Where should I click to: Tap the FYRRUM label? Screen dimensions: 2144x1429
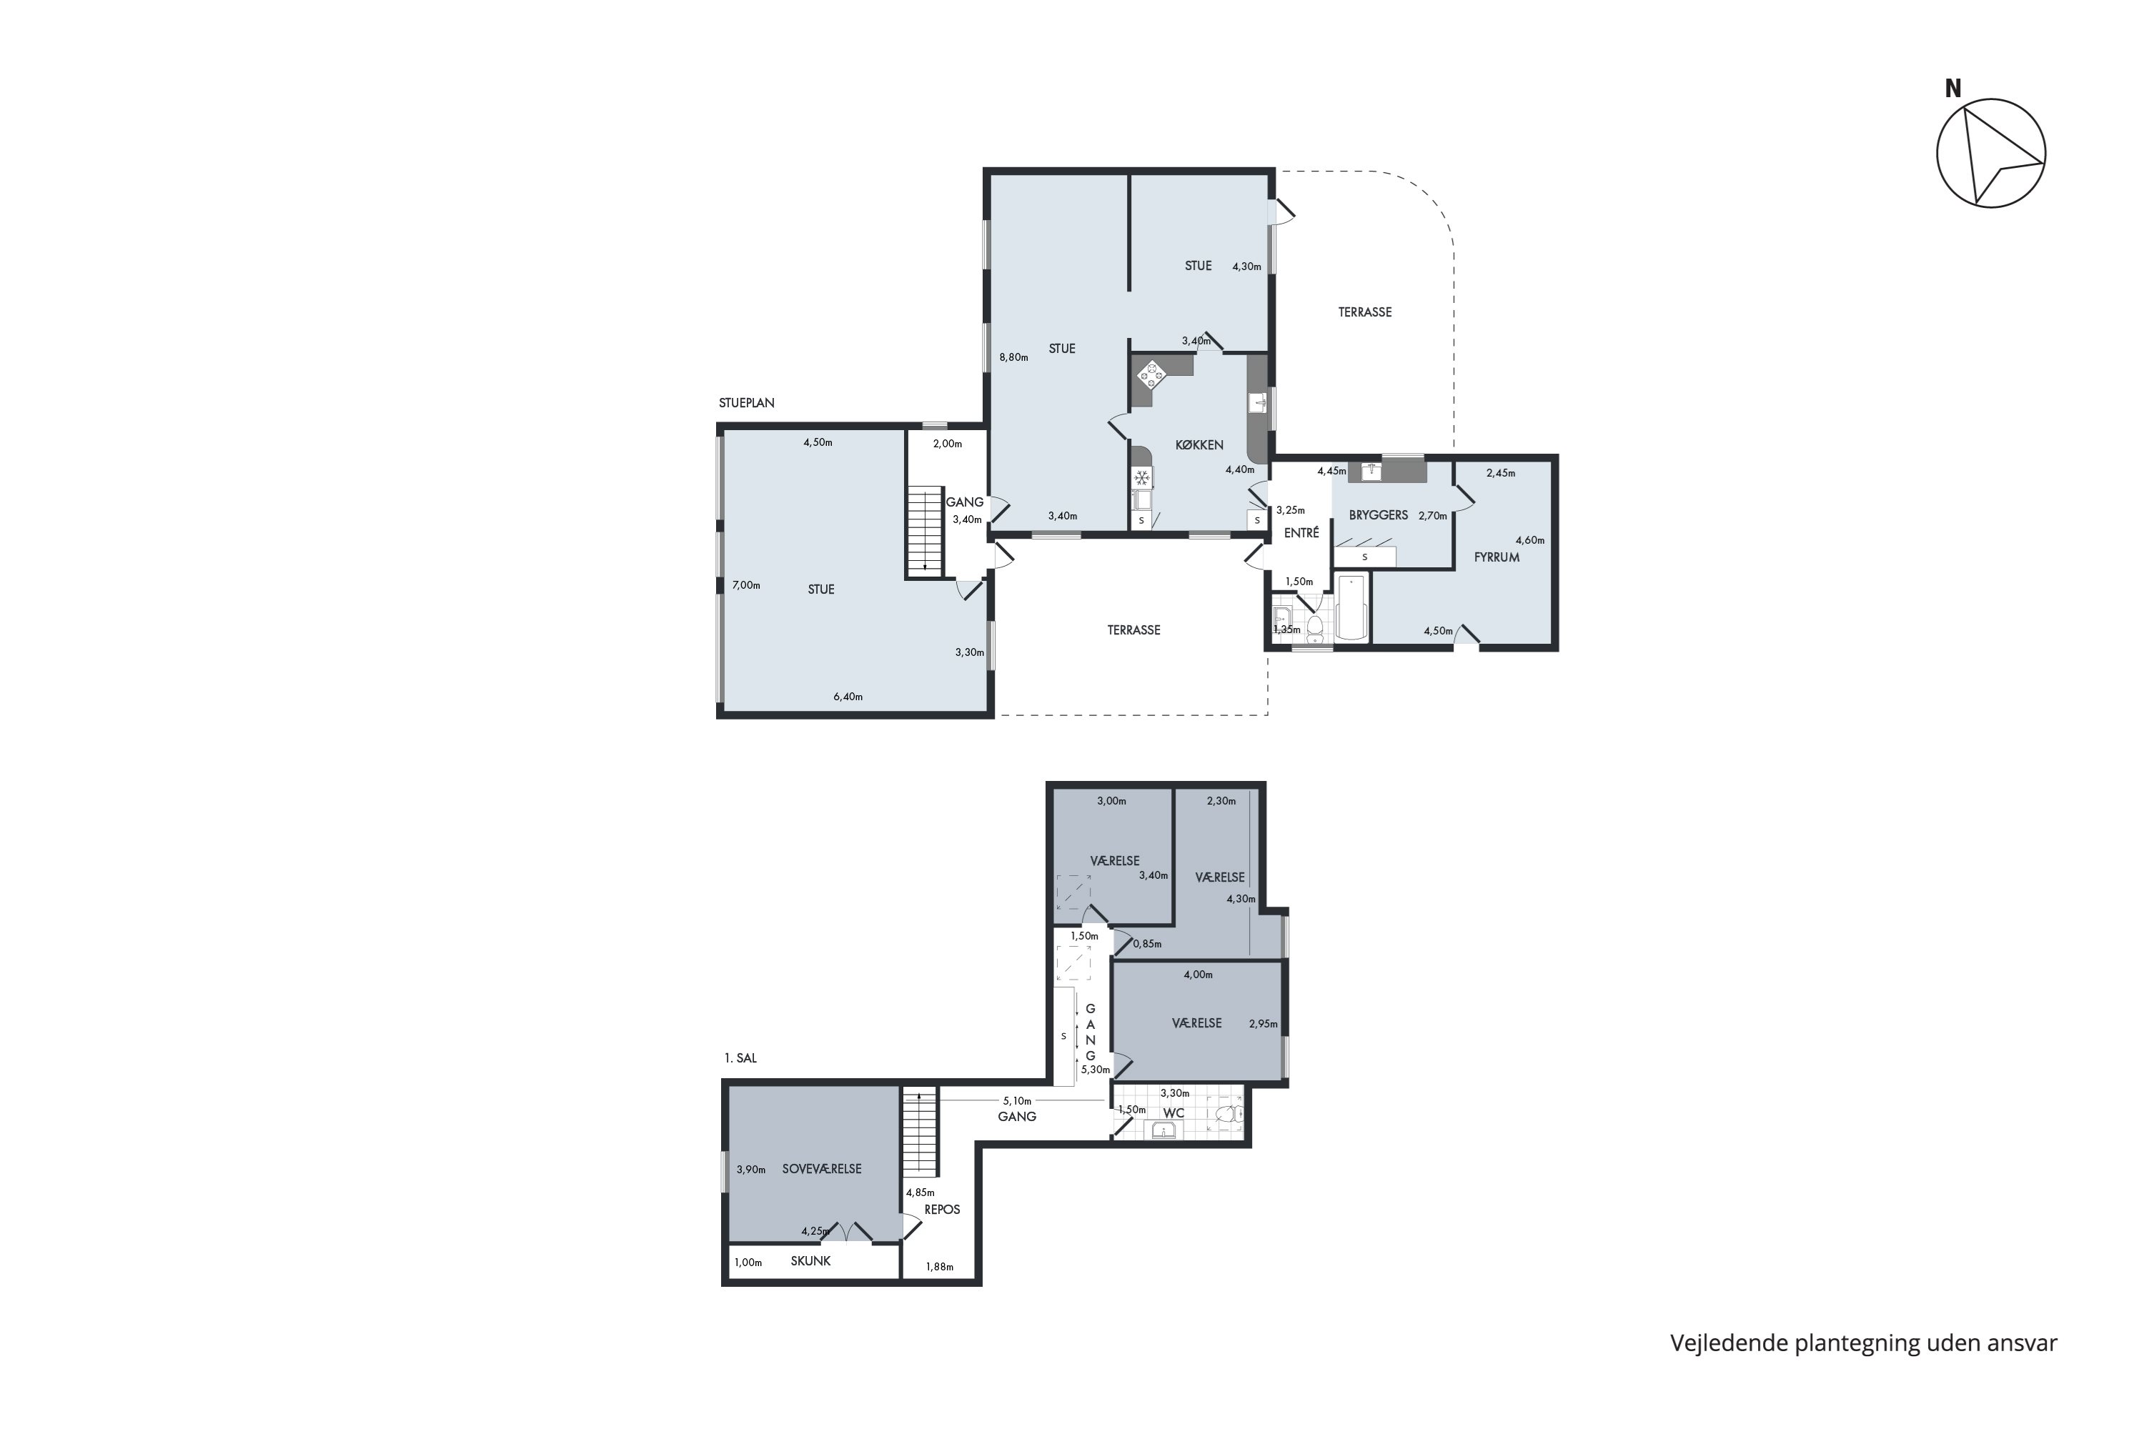1496,557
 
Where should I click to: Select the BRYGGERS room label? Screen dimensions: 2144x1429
1379,515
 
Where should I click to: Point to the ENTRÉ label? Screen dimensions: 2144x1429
1301,533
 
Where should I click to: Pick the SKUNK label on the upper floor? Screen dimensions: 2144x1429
810,1261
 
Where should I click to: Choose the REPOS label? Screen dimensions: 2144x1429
942,1210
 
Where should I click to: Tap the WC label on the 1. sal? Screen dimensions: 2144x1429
1174,1112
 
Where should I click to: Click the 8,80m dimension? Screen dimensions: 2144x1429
1013,357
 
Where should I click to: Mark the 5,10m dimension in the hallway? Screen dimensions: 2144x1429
1017,1100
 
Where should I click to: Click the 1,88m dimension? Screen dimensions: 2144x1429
939,1267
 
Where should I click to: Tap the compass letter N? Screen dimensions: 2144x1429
1952,89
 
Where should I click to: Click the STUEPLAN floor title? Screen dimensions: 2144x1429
747,403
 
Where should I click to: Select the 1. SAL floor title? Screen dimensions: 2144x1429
740,1058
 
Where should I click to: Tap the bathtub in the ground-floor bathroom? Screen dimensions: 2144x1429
1351,606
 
